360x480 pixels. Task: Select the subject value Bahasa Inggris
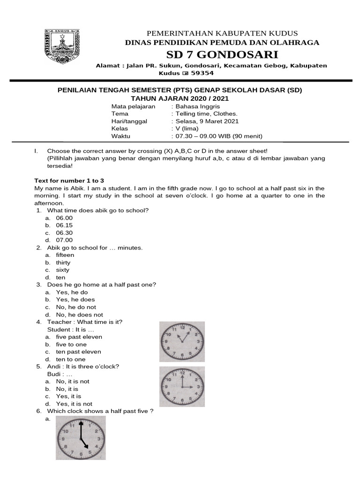[194, 106]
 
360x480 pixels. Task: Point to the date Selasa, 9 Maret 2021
[207, 121]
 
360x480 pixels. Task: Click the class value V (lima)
[187, 129]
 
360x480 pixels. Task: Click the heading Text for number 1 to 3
[69, 180]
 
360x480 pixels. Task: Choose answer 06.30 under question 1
[64, 233]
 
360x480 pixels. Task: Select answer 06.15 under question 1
[64, 225]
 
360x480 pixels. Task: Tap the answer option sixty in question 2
[62, 270]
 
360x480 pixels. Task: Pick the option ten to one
[71, 360]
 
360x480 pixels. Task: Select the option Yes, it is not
[74, 404]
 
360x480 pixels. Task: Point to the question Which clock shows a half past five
[100, 411]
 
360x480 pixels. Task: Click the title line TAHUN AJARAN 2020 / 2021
[180, 98]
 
